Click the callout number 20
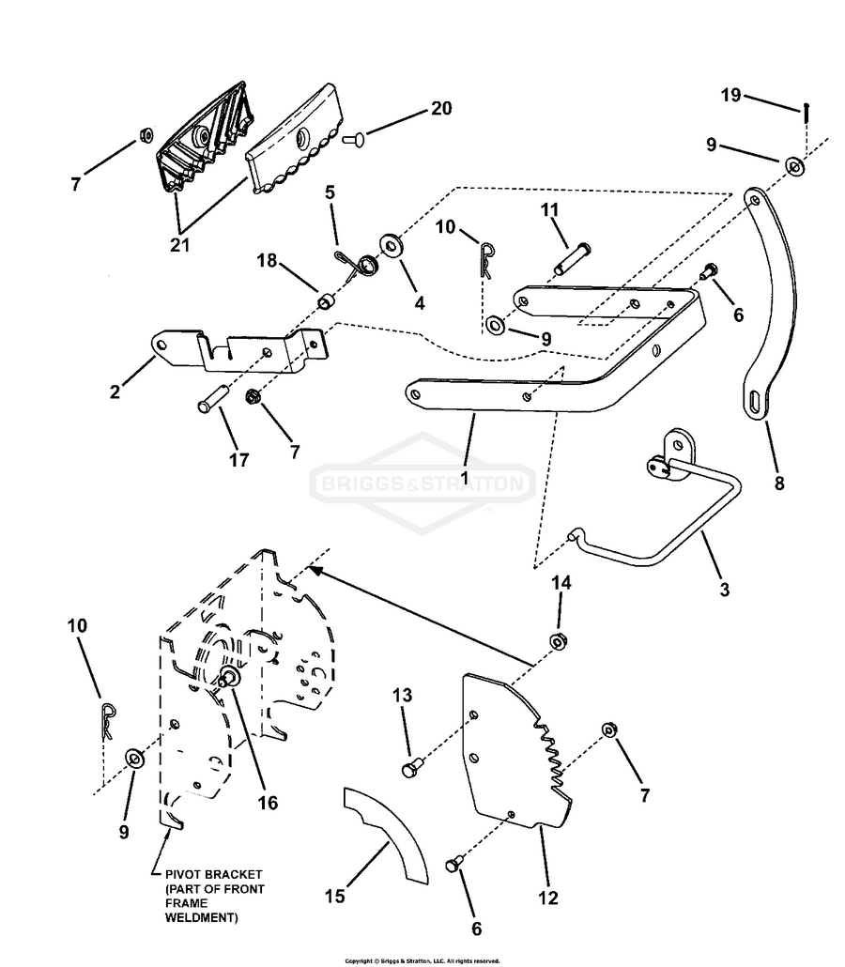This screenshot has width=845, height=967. [440, 109]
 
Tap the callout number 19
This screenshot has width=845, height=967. [731, 95]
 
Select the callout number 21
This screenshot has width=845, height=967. [179, 245]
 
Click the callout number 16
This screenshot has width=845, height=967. [268, 803]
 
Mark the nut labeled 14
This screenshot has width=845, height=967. [558, 641]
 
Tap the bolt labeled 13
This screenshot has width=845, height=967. [409, 770]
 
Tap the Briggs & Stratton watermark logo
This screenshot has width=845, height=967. [422, 485]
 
